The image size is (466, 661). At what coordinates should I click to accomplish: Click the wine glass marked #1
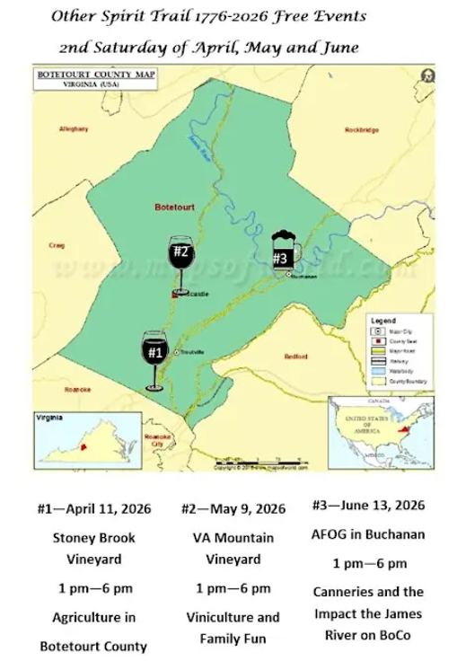155,356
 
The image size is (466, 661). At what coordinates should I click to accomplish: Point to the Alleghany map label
74,129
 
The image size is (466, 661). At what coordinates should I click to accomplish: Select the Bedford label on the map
295,356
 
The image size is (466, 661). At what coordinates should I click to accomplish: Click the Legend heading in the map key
383,321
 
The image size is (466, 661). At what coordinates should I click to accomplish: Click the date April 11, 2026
93,508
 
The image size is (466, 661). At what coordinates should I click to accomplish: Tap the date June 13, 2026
369,507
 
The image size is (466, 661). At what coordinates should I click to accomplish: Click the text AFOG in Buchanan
368,534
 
